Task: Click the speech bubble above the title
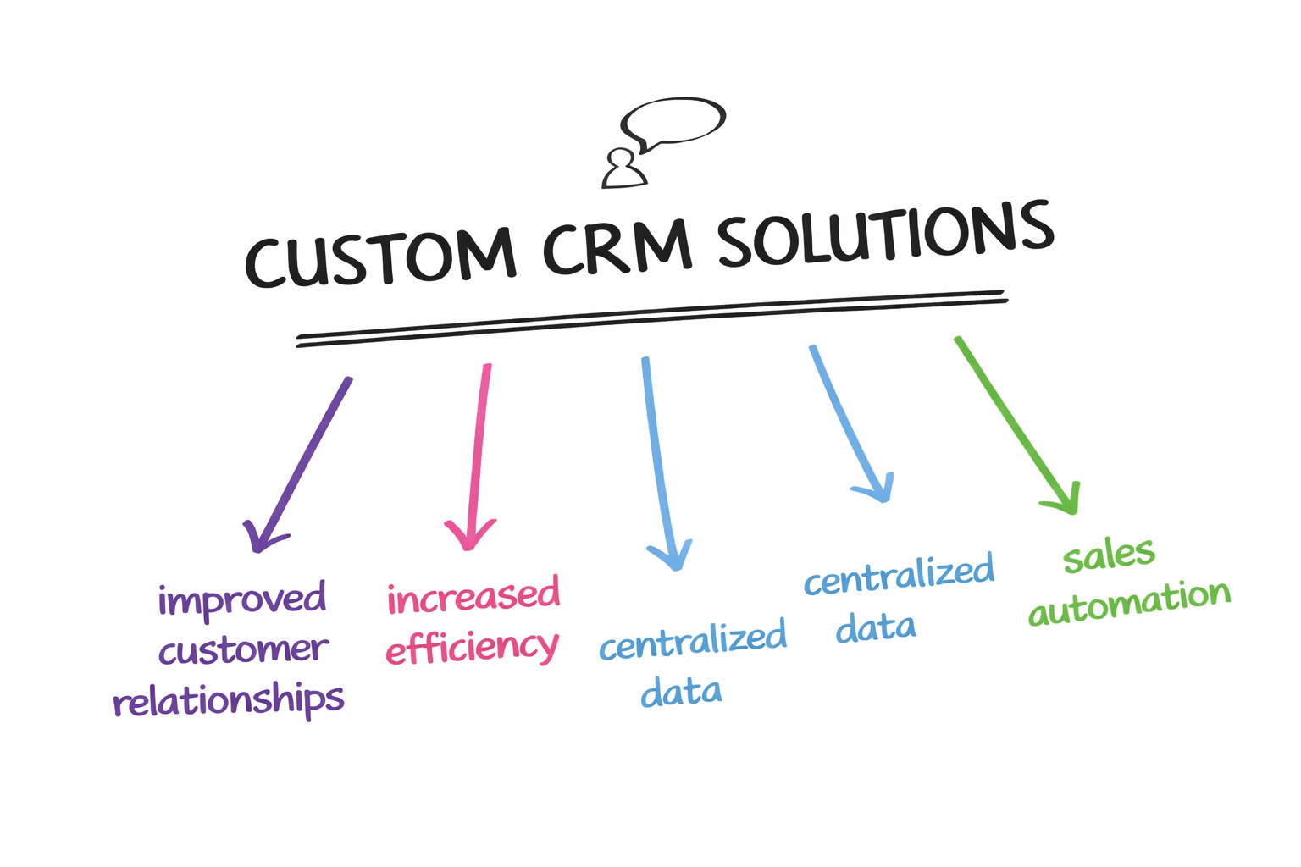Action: tap(674, 121)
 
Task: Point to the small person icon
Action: tap(623, 168)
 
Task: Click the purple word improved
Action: tap(242, 599)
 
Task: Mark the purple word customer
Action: tap(243, 650)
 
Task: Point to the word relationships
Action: tap(229, 701)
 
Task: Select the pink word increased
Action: tap(473, 596)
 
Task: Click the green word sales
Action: tap(1109, 555)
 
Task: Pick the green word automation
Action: tap(1129, 602)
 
